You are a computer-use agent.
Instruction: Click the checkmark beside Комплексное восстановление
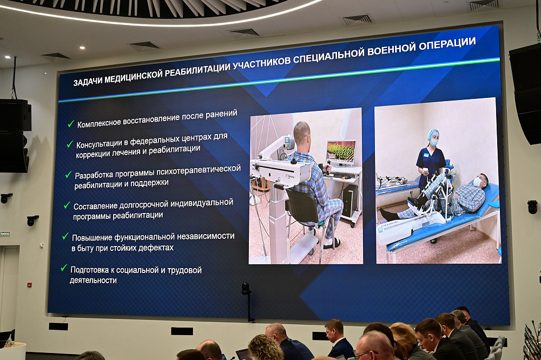(x=70, y=124)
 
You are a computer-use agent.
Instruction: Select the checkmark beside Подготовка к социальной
(x=64, y=268)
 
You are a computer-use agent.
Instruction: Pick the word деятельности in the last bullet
(x=93, y=281)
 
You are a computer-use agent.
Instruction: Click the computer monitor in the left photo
(x=341, y=152)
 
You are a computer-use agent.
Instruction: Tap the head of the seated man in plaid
(x=302, y=132)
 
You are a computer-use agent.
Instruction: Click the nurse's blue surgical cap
(x=433, y=133)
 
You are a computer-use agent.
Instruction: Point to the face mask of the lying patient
(x=477, y=182)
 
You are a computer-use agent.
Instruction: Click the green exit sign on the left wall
(x=5, y=234)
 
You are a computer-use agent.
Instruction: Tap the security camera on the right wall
(x=532, y=206)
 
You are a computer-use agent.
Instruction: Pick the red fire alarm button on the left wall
(x=30, y=284)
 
